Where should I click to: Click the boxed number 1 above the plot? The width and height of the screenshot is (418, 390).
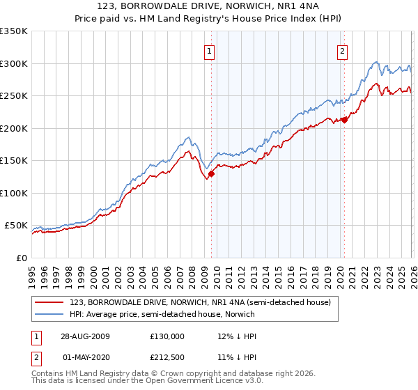pos(210,50)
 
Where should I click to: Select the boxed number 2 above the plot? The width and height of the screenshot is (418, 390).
pos(343,50)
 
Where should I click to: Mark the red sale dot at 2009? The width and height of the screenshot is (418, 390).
pos(211,174)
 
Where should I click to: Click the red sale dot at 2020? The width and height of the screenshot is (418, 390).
pos(344,120)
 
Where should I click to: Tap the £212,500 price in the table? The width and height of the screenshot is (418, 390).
pos(167,359)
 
